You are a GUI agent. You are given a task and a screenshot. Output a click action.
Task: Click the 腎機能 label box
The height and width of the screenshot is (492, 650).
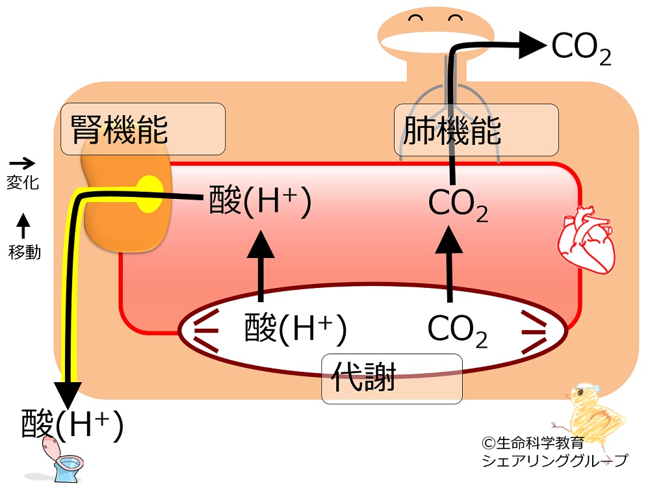(x=142, y=128)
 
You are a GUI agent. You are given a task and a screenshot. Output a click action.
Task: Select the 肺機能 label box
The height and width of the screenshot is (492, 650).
(x=476, y=129)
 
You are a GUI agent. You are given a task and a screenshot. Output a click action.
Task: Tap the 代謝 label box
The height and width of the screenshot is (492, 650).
(x=392, y=378)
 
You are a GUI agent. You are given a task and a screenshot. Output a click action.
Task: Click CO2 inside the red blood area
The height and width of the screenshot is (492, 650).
(x=458, y=204)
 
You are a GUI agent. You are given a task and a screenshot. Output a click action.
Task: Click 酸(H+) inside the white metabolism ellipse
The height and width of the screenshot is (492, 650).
(x=295, y=328)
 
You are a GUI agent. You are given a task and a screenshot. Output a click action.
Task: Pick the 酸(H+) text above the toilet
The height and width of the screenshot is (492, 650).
(x=72, y=426)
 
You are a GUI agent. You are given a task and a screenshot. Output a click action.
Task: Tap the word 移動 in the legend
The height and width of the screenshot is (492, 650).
(x=25, y=252)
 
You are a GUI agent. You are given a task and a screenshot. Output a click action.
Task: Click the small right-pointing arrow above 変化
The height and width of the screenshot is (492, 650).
(x=23, y=164)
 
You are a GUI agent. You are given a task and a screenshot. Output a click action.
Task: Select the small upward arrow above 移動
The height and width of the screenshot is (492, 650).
(x=23, y=226)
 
